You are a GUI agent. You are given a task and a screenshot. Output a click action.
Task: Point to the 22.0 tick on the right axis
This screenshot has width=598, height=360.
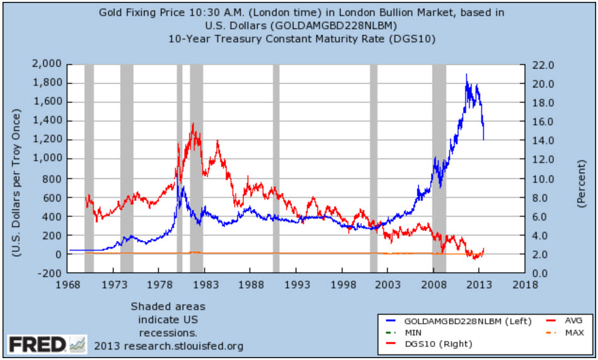click(542, 64)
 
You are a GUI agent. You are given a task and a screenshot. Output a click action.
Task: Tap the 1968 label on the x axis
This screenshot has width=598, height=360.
click(68, 284)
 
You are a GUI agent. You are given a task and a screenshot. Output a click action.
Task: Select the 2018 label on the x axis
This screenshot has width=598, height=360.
click(525, 284)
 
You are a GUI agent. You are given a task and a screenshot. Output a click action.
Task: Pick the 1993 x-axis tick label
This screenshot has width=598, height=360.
click(296, 284)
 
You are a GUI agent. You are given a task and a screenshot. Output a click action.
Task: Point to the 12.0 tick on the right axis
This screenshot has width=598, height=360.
click(542, 159)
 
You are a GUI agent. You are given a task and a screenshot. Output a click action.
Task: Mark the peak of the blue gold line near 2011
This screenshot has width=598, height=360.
click(466, 75)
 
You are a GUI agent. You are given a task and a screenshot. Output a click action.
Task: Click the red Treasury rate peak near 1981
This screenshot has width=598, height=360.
click(192, 124)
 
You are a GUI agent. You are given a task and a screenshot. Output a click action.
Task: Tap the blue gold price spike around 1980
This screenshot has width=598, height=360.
click(182, 187)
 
